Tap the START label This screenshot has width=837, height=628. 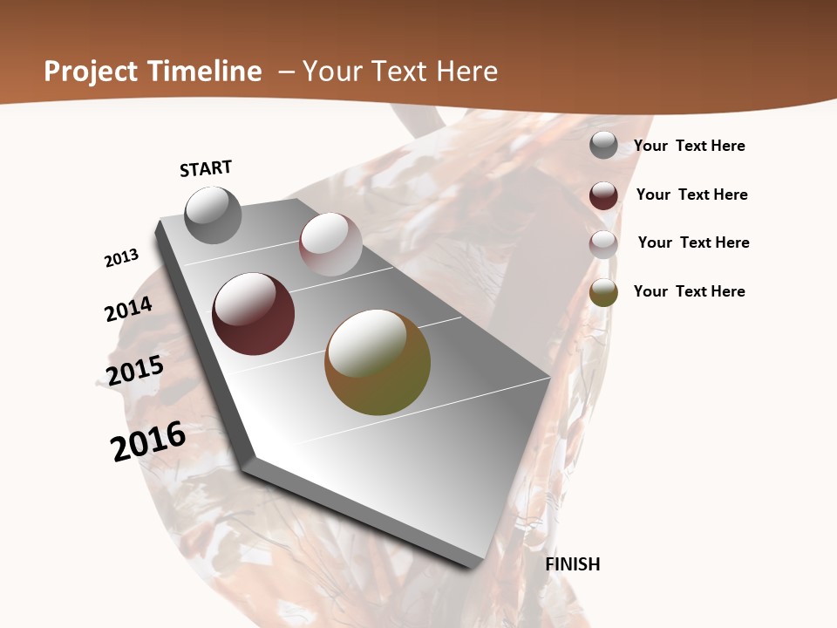pyautogui.click(x=206, y=168)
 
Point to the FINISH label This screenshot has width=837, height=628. pyautogui.click(x=573, y=564)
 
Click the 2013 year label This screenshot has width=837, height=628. pyautogui.click(x=121, y=258)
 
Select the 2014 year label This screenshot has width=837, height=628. pyautogui.click(x=128, y=309)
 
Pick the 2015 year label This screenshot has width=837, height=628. pyautogui.click(x=135, y=370)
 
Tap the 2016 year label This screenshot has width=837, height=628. pyautogui.click(x=148, y=441)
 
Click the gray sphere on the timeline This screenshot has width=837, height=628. pyautogui.click(x=214, y=215)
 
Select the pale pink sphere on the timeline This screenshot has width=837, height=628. pyautogui.click(x=330, y=244)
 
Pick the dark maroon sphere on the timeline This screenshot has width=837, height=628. pyautogui.click(x=254, y=314)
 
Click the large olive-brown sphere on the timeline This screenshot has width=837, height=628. pyautogui.click(x=378, y=362)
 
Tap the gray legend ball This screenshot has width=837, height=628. pyautogui.click(x=603, y=145)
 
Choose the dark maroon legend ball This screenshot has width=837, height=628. pyautogui.click(x=603, y=195)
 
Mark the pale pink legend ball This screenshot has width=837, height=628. pyautogui.click(x=603, y=244)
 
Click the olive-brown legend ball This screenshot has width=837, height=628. pyautogui.click(x=603, y=292)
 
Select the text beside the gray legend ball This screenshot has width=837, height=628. pyautogui.click(x=689, y=146)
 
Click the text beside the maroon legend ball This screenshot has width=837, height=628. pyautogui.click(x=691, y=195)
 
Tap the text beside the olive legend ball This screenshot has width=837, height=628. pyautogui.click(x=689, y=291)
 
